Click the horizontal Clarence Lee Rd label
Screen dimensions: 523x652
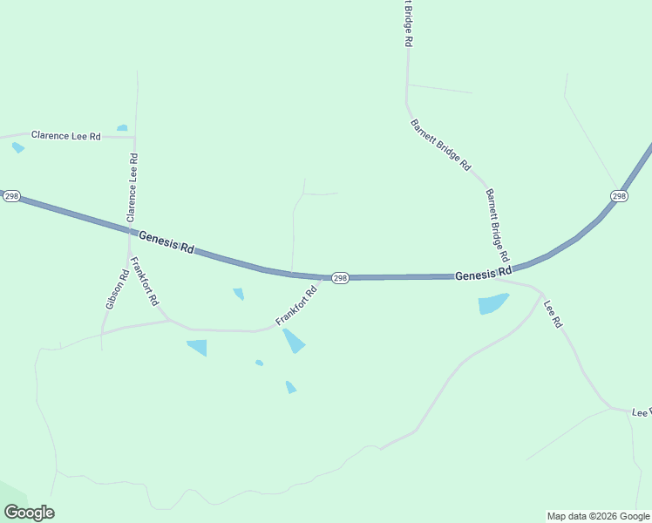[66, 136]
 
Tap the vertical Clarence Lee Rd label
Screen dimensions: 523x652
[132, 187]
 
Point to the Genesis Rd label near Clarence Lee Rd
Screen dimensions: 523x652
[166, 241]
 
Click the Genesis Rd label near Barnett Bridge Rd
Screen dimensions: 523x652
[483, 275]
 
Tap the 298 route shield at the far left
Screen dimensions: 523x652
[10, 196]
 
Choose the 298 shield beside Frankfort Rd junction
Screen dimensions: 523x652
[340, 278]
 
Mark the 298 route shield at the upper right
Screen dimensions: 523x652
[619, 196]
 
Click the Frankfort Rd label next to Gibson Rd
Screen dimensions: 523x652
[144, 281]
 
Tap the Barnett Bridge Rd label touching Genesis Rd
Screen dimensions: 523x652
[497, 226]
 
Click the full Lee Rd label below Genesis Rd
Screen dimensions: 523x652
[554, 314]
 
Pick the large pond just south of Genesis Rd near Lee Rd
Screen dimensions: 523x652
[492, 304]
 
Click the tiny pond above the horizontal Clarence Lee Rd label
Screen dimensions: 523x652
[122, 128]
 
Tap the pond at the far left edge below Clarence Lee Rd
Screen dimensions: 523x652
[18, 147]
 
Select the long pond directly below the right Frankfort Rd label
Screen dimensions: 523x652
[293, 340]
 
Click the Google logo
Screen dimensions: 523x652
[29, 513]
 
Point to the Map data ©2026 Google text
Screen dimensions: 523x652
[598, 516]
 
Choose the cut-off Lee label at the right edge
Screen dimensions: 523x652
[642, 411]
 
